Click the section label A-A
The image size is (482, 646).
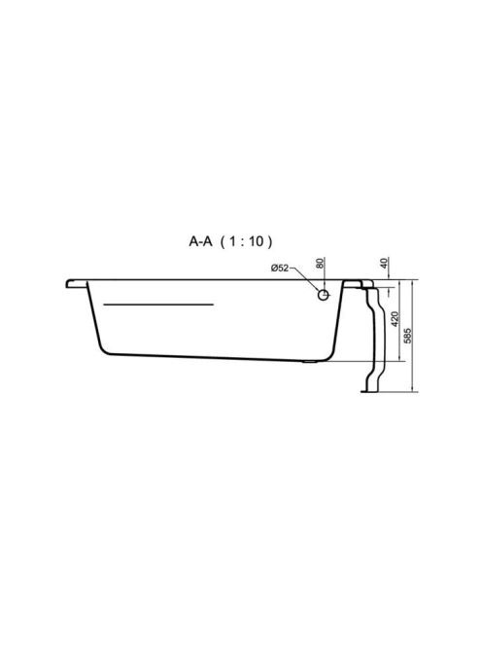click(x=200, y=241)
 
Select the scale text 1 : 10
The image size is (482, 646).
click(x=247, y=241)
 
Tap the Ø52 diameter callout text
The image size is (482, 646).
click(x=280, y=269)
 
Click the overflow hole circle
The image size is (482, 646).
click(x=324, y=295)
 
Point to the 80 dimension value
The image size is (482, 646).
click(x=321, y=263)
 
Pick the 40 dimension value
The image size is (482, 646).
click(x=385, y=263)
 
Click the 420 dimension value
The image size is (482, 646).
click(x=395, y=320)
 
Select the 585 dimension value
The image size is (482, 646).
click(x=408, y=337)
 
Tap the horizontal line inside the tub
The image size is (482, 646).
click(x=158, y=305)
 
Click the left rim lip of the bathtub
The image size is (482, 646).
click(x=77, y=284)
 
